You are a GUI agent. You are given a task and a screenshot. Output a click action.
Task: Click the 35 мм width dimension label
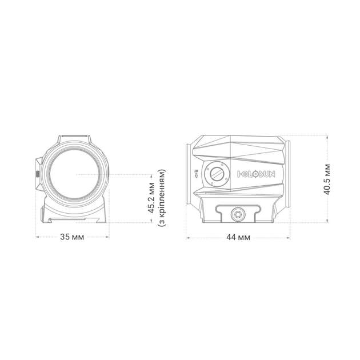pyautogui.click(x=72, y=237)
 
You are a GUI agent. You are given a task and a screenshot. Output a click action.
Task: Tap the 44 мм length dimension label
pyautogui.click(x=238, y=237)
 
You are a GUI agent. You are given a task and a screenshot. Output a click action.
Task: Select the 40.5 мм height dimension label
pyautogui.click(x=327, y=179)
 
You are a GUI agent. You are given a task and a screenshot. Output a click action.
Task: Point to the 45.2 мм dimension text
pyautogui.click(x=151, y=198)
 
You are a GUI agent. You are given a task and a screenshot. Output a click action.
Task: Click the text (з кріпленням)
pyautogui.click(x=161, y=198)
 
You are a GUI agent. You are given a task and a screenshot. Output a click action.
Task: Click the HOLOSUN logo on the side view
pyautogui.click(x=256, y=174)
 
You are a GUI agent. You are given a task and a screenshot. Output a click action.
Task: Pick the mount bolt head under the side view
pyautogui.click(x=238, y=215)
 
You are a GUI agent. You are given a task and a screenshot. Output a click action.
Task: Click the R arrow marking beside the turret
pyautogui.click(x=197, y=174)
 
